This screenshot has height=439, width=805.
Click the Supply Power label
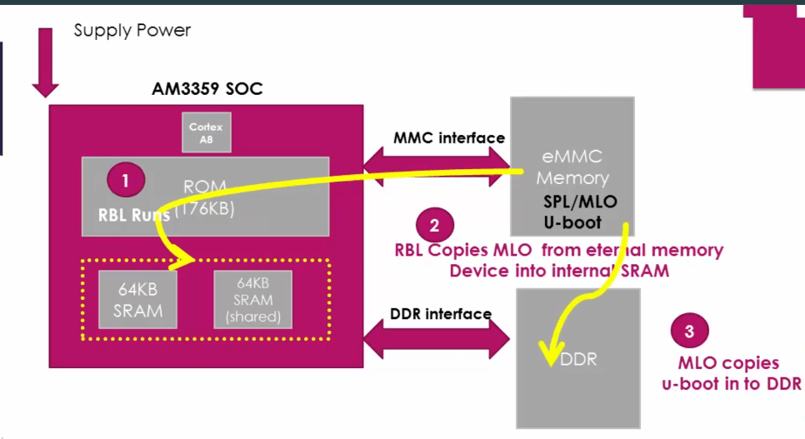[132, 31]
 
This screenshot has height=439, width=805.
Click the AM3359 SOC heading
[207, 88]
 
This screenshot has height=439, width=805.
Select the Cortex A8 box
[207, 132]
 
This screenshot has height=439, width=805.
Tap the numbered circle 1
[126, 179]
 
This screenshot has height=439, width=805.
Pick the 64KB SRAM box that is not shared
[138, 301]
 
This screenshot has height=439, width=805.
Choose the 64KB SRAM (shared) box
[252, 301]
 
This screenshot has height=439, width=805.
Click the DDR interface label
[441, 314]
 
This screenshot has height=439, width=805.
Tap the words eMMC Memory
[572, 167]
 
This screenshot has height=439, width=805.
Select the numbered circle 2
[433, 224]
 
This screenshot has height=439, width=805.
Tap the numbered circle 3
[689, 331]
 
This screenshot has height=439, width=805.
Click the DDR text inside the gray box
[577, 361]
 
